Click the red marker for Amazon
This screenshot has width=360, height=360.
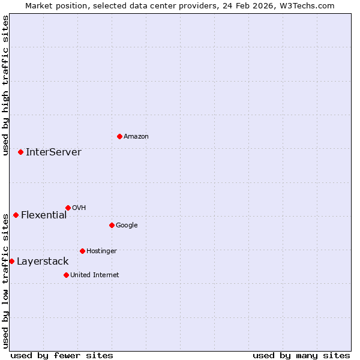(119, 136)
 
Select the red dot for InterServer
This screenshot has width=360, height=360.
(20, 152)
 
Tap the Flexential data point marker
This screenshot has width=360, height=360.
(16, 215)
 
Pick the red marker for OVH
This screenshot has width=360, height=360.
(68, 208)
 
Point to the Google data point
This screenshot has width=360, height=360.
(112, 225)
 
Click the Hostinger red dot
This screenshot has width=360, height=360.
(82, 251)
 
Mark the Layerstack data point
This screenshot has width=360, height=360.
(11, 261)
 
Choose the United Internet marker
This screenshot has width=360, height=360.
(66, 275)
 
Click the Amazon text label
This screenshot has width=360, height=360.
(136, 137)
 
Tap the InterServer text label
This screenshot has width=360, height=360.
(53, 152)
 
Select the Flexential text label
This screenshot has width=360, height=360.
(44, 215)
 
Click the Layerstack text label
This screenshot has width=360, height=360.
(43, 262)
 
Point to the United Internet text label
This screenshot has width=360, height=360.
(94, 275)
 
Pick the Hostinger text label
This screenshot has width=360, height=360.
(101, 251)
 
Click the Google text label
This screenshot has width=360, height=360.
(127, 226)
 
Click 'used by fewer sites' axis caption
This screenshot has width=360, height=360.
(62, 355)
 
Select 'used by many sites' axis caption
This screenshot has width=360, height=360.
(301, 355)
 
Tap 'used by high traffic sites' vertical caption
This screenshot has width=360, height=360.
(5, 85)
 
